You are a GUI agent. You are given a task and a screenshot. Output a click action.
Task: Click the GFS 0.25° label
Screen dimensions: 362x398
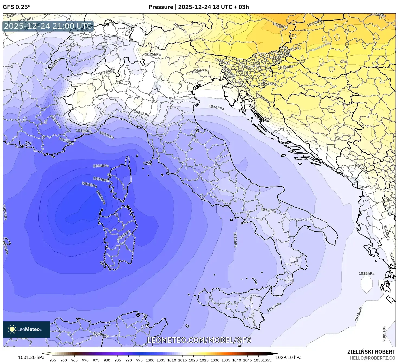tap(17, 7)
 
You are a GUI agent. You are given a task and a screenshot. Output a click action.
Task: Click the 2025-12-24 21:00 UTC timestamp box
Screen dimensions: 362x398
tap(48, 26)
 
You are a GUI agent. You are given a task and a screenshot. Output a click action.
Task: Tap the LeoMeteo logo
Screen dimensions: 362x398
tap(27, 329)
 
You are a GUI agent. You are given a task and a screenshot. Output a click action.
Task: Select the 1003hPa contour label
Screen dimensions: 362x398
tap(89, 185)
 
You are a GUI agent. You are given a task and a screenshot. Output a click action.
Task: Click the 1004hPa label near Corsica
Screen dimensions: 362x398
tap(101, 179)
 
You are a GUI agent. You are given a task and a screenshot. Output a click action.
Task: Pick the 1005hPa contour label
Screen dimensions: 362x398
tap(101, 166)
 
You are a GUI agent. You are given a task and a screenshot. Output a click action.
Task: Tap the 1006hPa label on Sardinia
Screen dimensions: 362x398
tap(124, 235)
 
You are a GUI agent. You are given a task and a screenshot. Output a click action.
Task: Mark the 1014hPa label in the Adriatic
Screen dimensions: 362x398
tap(216, 107)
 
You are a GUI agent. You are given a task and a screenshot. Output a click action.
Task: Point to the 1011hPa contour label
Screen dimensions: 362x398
tap(235, 239)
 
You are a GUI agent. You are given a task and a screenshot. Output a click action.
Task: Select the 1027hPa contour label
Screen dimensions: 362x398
tap(314, 23)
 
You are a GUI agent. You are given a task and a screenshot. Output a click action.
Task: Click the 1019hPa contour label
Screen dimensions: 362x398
tap(180, 28)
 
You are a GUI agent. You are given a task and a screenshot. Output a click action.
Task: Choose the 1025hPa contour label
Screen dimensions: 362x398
tap(286, 67)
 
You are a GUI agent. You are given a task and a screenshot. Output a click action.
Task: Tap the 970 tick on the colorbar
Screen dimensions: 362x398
tap(85, 360)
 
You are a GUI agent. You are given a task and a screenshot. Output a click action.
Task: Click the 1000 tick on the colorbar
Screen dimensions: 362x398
tap(150, 360)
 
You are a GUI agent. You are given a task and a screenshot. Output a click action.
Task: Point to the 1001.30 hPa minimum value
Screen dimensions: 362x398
tap(31, 357)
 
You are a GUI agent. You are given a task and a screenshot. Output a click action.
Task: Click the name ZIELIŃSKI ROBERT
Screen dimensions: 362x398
tap(371, 352)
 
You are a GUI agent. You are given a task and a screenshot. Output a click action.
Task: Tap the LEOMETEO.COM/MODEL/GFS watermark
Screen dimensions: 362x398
tap(199, 340)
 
